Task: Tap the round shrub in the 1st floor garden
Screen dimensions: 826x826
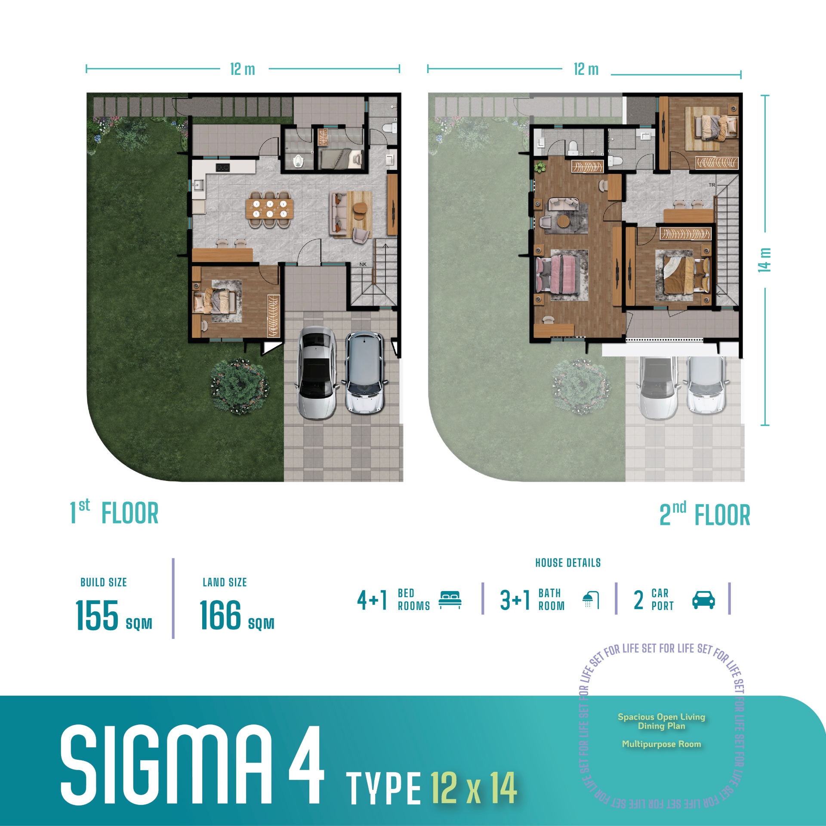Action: (x=239, y=386)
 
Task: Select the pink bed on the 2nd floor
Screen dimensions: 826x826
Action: (x=557, y=274)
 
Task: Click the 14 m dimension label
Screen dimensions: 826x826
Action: (x=764, y=260)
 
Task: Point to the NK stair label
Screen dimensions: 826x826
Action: (x=363, y=264)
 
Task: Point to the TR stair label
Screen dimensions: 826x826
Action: (x=712, y=185)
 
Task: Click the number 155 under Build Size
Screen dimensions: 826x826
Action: (x=97, y=616)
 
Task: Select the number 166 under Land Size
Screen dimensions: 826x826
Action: (x=220, y=616)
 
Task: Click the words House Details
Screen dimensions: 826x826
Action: (x=568, y=563)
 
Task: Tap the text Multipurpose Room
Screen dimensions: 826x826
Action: (x=661, y=744)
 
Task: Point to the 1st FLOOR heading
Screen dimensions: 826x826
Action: (x=115, y=513)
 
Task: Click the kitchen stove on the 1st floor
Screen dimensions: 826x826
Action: (x=222, y=167)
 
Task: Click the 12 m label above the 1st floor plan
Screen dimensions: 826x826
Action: (x=243, y=69)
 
